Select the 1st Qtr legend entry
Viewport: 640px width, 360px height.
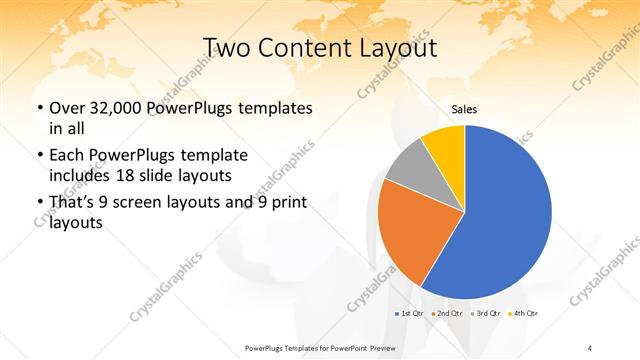(411, 314)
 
